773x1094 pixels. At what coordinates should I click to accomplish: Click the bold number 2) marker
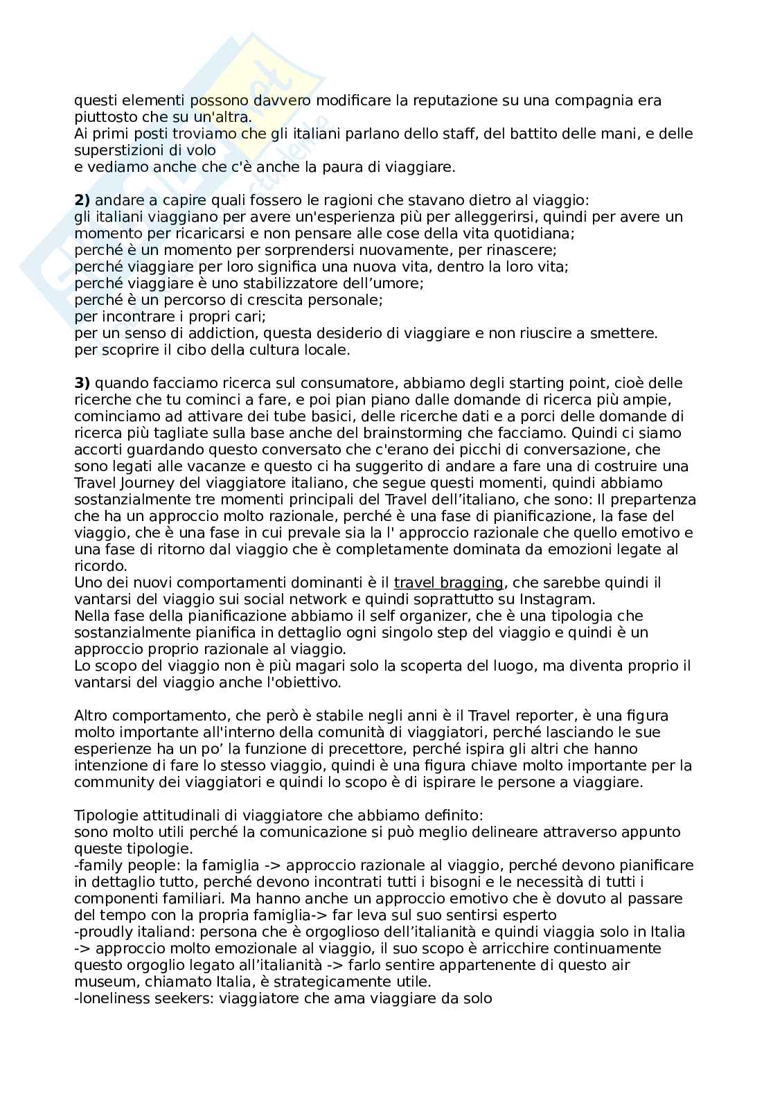[82, 200]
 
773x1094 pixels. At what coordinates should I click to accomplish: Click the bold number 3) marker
[82, 383]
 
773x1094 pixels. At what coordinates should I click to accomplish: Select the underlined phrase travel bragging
[448, 583]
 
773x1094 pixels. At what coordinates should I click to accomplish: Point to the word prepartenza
[654, 500]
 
